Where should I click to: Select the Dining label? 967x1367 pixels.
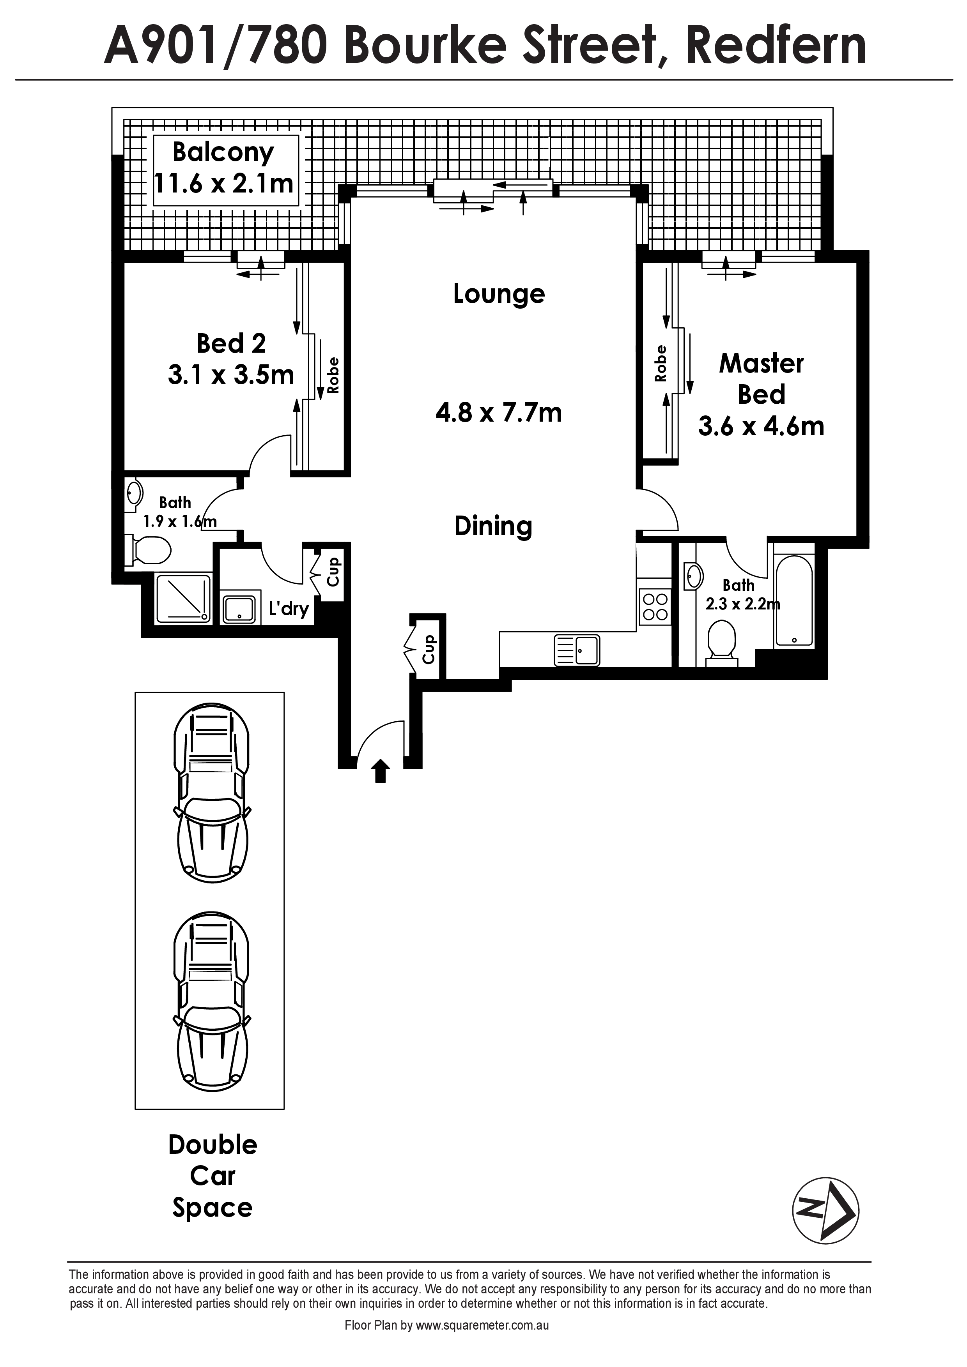[x=493, y=526]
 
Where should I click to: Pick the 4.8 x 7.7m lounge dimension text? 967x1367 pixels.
[x=499, y=412]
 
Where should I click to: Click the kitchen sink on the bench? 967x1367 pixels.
[x=577, y=650]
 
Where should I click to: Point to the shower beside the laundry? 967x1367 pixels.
[x=183, y=599]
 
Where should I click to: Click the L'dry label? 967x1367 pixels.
[x=289, y=608]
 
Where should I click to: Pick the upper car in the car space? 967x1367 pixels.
[x=211, y=793]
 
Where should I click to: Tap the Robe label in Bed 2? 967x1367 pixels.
[x=333, y=375]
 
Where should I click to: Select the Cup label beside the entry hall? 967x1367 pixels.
[x=429, y=649]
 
